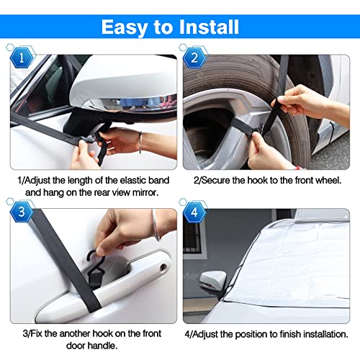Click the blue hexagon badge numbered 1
pyautogui.click(x=22, y=58)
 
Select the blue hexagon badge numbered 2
pyautogui.click(x=194, y=58)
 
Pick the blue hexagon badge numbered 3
pyautogui.click(x=22, y=212)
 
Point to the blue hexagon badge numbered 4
pyautogui.click(x=194, y=212)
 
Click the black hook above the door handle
pyautogui.click(x=95, y=266)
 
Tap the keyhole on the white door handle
pyautogui.click(x=163, y=267)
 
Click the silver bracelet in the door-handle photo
pyautogui.click(x=156, y=225)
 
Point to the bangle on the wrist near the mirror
pyautogui.click(x=140, y=143)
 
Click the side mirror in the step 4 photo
pyautogui.click(x=212, y=280)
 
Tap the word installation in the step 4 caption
pyautogui.click(x=324, y=334)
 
